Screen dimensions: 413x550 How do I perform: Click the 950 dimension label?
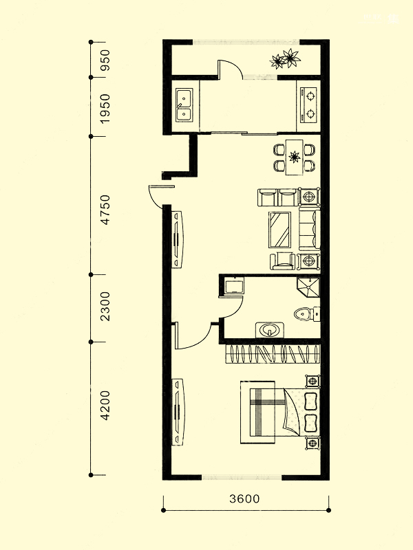pyautogui.click(x=105, y=60)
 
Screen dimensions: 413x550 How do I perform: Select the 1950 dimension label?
pyautogui.click(x=105, y=109)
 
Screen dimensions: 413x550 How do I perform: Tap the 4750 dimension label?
pyautogui.click(x=105, y=210)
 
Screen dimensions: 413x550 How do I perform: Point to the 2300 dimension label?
pyautogui.click(x=105, y=306)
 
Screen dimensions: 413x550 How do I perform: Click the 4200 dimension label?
pyautogui.click(x=105, y=406)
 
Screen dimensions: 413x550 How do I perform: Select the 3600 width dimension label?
pyautogui.click(x=245, y=498)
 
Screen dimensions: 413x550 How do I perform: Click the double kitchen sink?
pyautogui.click(x=184, y=105)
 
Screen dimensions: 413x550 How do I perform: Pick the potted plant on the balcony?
pyautogui.click(x=285, y=58)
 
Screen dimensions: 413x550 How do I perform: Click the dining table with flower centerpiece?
pyautogui.click(x=295, y=157)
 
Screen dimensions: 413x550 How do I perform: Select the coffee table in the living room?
pyautogui.click(x=280, y=230)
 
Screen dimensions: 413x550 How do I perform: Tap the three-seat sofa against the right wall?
pyautogui.click(x=309, y=228)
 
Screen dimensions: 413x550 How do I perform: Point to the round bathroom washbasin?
pyautogui.click(x=269, y=330)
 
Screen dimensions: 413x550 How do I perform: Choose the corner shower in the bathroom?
pyautogui.click(x=308, y=288)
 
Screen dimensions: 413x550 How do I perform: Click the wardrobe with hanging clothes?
pyautogui.click(x=273, y=354)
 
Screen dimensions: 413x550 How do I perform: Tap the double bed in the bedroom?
pyautogui.click(x=280, y=412)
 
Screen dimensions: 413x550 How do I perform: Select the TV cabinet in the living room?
pyautogui.click(x=178, y=239)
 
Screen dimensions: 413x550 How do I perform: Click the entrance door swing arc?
pyautogui.click(x=156, y=197)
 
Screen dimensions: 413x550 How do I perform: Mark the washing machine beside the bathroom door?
pyautogui.click(x=234, y=287)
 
